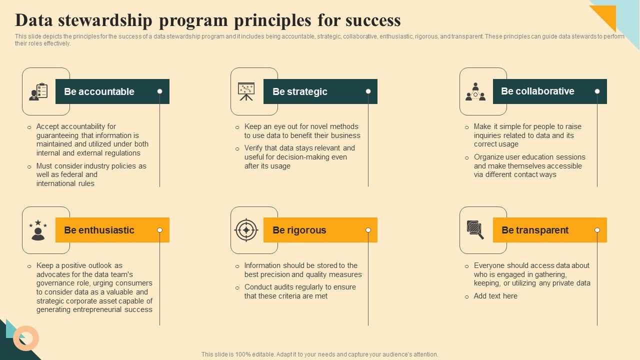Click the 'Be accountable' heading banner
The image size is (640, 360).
tap(112, 91)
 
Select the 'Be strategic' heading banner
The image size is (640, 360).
tap(320, 91)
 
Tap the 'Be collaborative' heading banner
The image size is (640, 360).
tap(549, 91)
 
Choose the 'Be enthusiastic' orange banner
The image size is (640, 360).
tap(112, 230)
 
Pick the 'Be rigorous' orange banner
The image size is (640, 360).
tap(320, 230)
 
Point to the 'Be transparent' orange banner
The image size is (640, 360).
tap(549, 230)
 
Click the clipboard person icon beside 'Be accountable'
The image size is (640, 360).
tap(38, 91)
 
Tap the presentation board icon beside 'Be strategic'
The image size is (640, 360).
tap(246, 91)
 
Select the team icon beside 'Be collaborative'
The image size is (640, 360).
tap(475, 91)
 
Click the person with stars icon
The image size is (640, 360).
tap(38, 230)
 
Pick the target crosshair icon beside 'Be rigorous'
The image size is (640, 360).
tap(246, 230)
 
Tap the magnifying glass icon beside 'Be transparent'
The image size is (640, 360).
tap(475, 230)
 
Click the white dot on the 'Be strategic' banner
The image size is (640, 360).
tap(368, 91)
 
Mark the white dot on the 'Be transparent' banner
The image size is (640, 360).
tap(597, 230)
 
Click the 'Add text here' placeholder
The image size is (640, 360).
tap(495, 296)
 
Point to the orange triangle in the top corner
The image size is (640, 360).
tap(606, 15)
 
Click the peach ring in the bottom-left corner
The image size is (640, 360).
tap(26, 338)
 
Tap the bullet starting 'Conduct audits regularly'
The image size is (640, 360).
tap(300, 291)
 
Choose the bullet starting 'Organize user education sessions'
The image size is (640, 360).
tap(529, 165)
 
